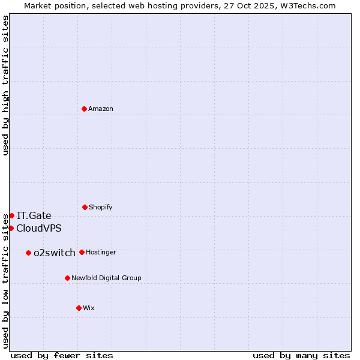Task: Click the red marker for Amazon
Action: tap(85, 109)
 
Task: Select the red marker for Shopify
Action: tap(85, 207)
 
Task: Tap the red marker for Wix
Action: tap(79, 308)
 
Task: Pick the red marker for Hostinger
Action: tap(82, 252)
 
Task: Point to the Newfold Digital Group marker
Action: tap(67, 278)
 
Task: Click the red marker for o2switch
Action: tap(28, 253)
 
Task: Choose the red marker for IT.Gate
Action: tap(11, 215)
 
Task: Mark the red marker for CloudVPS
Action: tap(11, 228)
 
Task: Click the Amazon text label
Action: tap(101, 109)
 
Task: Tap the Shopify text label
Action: tap(101, 207)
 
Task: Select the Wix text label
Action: tap(89, 308)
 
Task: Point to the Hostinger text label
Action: tap(101, 252)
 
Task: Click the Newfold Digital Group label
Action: tap(106, 278)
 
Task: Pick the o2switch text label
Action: tap(55, 253)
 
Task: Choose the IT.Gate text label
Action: tap(34, 215)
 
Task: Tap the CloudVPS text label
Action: tap(39, 228)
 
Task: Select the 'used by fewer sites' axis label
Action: tap(62, 355)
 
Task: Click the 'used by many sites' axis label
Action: tap(301, 355)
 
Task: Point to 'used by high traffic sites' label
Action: tap(5, 85)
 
